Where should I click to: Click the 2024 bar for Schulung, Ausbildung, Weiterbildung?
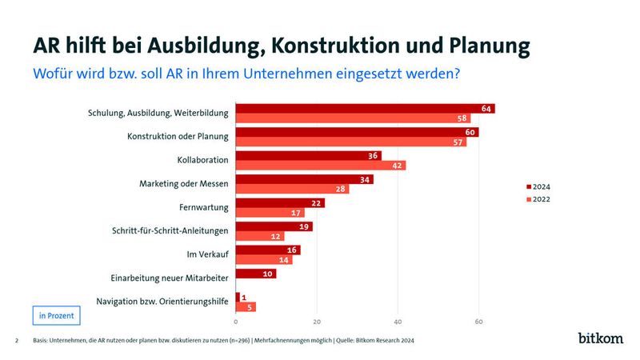coord(365,109)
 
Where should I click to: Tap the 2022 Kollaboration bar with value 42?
coord(320,166)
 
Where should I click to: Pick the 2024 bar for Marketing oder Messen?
coord(304,179)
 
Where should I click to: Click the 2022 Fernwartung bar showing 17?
coord(270,213)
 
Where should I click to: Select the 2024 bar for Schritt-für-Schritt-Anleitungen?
coord(274,226)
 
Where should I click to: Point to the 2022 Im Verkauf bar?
coord(263,260)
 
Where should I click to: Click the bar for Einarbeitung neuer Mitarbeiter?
coord(255,274)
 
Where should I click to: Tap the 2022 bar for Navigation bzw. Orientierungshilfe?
coord(246,306)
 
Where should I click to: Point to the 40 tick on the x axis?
coord(398,322)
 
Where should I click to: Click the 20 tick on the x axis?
coord(317,322)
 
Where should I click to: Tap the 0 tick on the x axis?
coord(236,322)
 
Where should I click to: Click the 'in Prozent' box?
coord(57,315)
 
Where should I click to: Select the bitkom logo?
coord(600,338)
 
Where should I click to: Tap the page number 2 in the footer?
coord(17,341)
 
